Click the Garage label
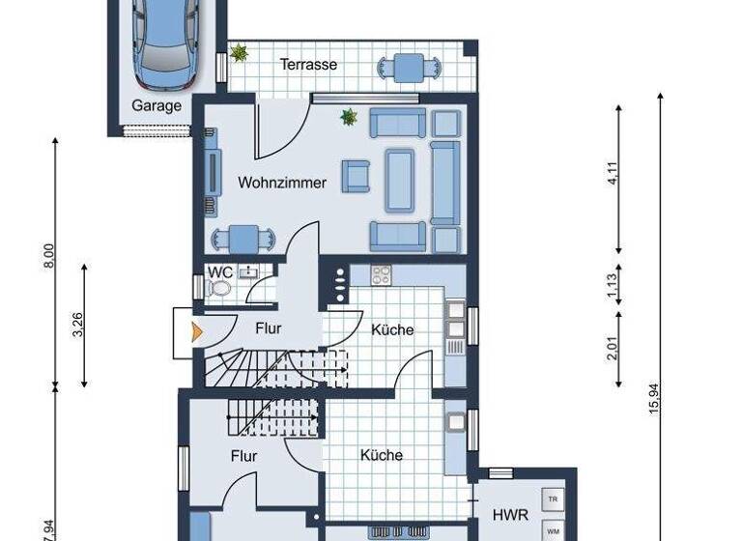(x=157, y=106)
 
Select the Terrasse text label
(x=308, y=65)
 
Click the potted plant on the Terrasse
(x=238, y=54)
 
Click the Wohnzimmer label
(x=282, y=182)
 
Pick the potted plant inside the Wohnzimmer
(x=348, y=118)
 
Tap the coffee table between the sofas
(x=399, y=181)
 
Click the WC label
(x=219, y=271)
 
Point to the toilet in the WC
(x=220, y=289)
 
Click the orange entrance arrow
(x=197, y=332)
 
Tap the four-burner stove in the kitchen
(x=381, y=273)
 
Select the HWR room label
(x=509, y=515)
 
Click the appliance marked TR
(x=553, y=499)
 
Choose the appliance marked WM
(x=553, y=530)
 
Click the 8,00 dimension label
(x=49, y=256)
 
